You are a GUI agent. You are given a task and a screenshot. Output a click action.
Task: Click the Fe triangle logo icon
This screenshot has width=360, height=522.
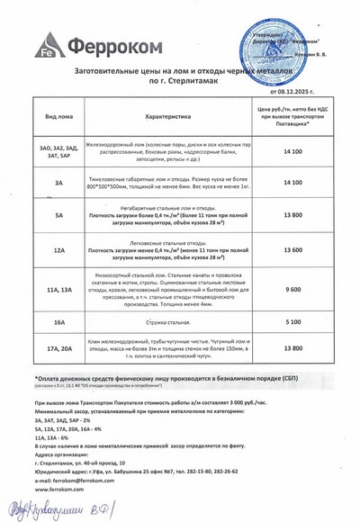click(x=42, y=44)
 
